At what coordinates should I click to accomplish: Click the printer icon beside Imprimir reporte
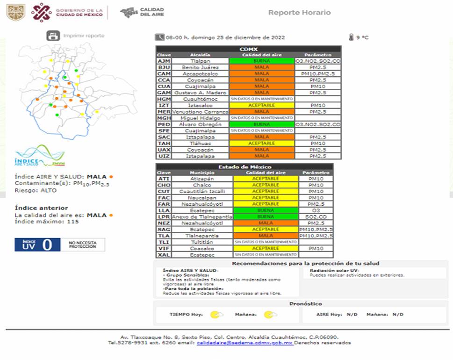point(53,36)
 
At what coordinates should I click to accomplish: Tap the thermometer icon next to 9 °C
point(351,37)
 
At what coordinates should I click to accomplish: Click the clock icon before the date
point(160,37)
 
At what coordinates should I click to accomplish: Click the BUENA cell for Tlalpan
point(261,61)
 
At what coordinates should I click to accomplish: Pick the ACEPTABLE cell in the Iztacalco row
point(261,106)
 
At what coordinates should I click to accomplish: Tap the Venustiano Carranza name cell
point(200,112)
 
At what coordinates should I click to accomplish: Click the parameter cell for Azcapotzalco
point(317,74)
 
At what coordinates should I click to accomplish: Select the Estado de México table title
point(244,167)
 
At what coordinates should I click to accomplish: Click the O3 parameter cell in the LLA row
point(316,210)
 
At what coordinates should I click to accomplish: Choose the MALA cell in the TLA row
point(265,236)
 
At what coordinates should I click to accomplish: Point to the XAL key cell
point(164,255)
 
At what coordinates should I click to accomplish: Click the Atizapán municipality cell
point(201,179)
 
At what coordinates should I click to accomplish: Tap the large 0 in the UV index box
point(47,245)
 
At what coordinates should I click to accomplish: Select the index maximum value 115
point(72,222)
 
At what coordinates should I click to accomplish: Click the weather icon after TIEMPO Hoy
point(216,315)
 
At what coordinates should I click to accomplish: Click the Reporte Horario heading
point(299,13)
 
